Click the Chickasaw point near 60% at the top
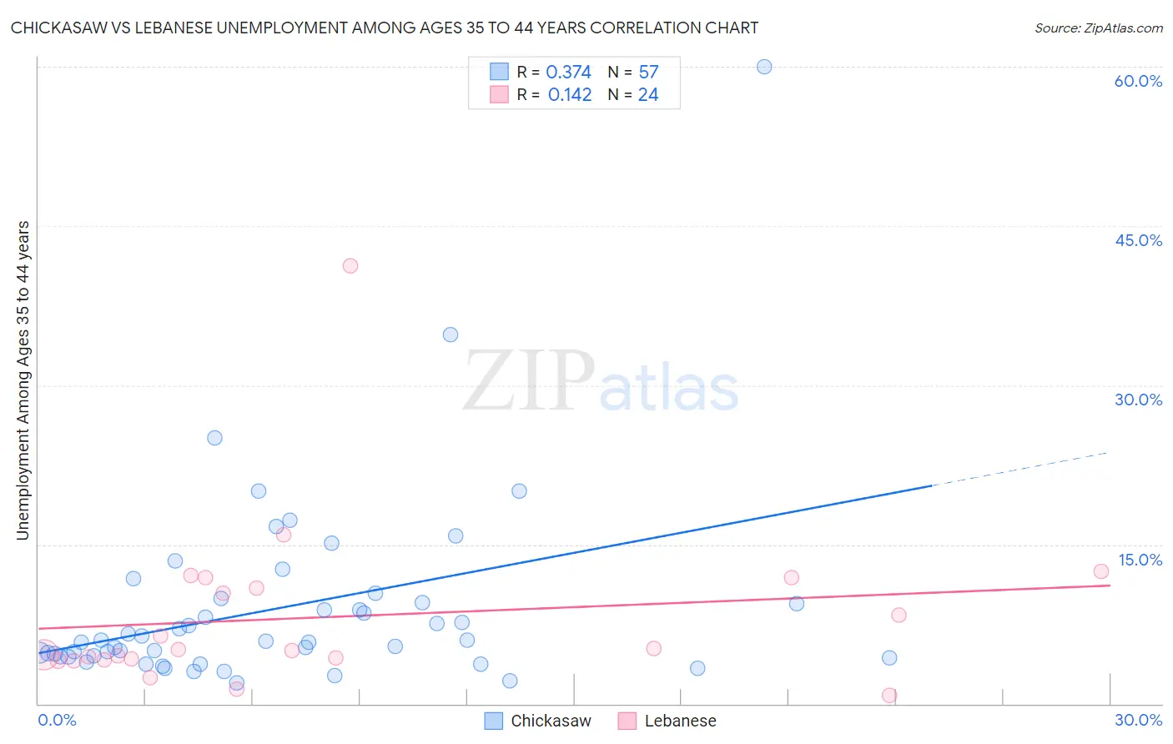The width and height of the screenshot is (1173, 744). tap(764, 67)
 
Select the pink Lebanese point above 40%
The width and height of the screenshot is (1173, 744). tap(350, 266)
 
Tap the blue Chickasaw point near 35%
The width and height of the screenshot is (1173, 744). tap(451, 334)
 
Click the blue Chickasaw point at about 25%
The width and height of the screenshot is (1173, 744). tap(214, 438)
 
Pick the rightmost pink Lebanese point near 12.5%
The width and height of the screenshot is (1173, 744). tap(1101, 571)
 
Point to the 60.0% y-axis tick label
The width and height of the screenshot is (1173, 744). tap(1138, 81)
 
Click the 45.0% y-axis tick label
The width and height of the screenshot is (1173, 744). tap(1138, 240)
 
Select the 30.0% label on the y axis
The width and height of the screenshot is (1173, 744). tap(1138, 400)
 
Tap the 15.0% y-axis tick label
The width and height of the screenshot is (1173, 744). tap(1140, 560)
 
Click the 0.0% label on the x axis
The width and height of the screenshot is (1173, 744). tap(57, 720)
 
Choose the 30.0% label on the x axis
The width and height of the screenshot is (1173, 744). tap(1138, 720)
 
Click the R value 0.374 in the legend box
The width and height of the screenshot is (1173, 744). tap(568, 73)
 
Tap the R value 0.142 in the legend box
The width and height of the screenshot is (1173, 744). tap(570, 95)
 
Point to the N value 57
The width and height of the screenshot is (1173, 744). tap(648, 73)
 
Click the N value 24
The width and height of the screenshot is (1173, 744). tap(648, 95)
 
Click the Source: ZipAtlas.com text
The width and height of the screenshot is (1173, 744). tap(1098, 28)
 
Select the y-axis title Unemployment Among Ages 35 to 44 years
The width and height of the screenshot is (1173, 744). tap(23, 380)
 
